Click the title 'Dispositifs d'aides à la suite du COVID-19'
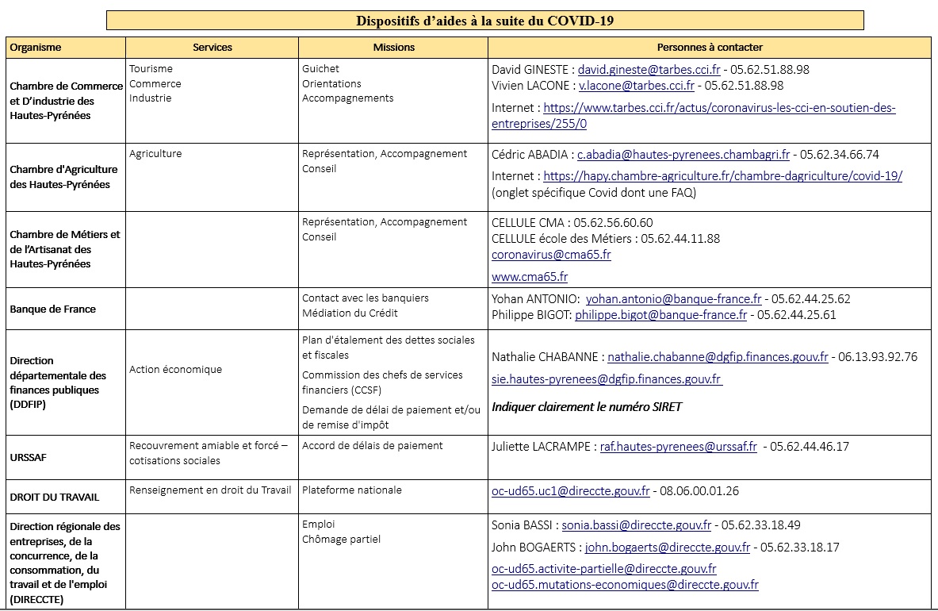484,21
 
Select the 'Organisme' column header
36,48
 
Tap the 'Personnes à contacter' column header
710,48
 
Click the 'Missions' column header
394,48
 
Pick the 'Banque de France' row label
53,309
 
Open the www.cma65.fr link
530,277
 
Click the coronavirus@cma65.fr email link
551,255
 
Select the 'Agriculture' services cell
155,154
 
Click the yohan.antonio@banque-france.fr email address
673,299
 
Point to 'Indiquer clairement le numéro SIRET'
587,407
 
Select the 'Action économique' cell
175,370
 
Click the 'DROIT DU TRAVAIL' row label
55,498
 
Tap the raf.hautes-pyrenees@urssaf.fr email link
678,447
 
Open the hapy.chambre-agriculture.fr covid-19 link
722,176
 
